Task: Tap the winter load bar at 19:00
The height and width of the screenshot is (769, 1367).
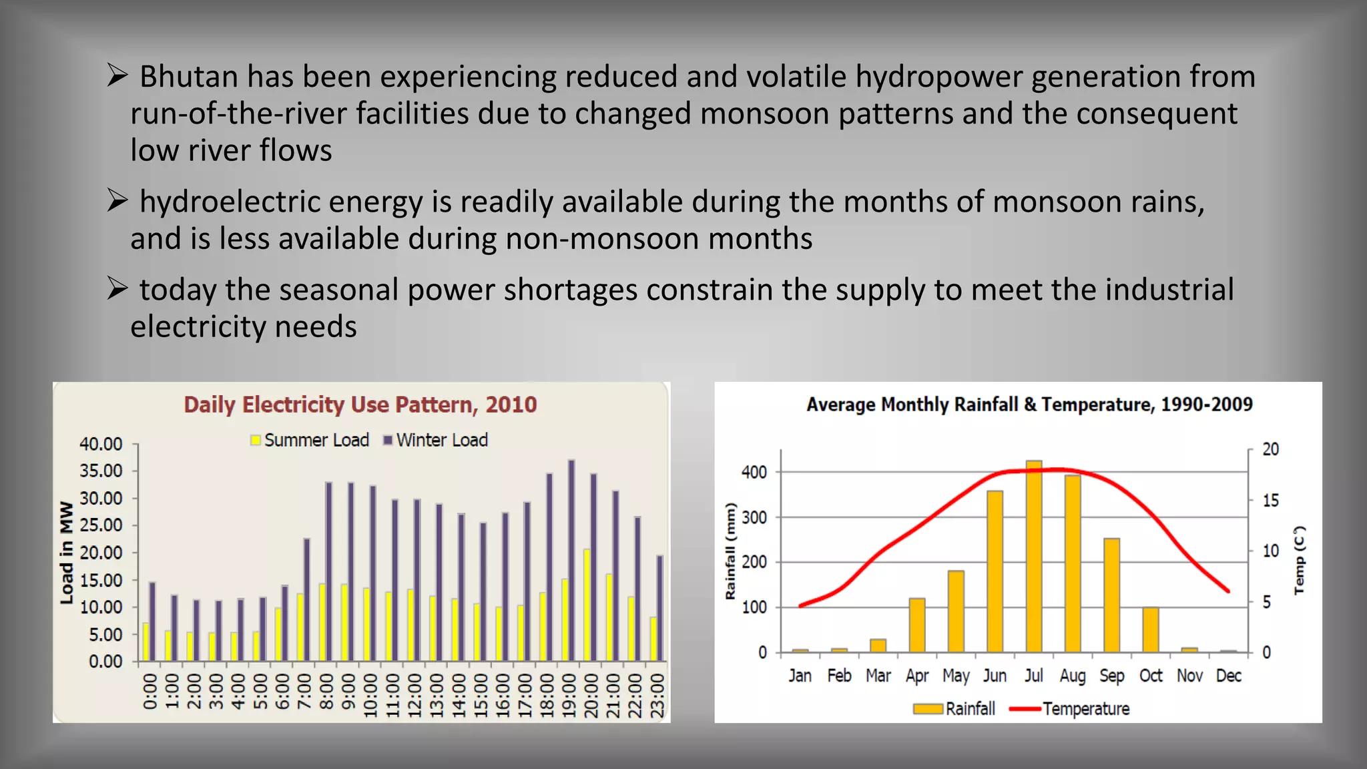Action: [571, 561]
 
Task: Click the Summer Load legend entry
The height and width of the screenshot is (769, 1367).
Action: [310, 441]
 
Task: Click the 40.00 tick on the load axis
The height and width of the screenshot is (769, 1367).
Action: [101, 444]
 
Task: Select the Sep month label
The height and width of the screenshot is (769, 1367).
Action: [1111, 676]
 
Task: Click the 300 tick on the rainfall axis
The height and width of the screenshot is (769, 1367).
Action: [754, 517]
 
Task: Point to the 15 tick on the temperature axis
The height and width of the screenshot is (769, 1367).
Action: [1270, 501]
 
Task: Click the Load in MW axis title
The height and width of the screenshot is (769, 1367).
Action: [66, 553]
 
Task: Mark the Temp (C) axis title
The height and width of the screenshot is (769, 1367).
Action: [1299, 561]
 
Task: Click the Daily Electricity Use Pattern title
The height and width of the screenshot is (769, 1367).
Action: [360, 405]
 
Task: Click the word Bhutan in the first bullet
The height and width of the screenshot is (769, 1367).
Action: [188, 77]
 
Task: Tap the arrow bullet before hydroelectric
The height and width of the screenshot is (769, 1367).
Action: [117, 200]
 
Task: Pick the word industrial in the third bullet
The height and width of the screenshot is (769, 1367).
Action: [1169, 290]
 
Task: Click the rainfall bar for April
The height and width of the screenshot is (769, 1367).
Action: [916, 625]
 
